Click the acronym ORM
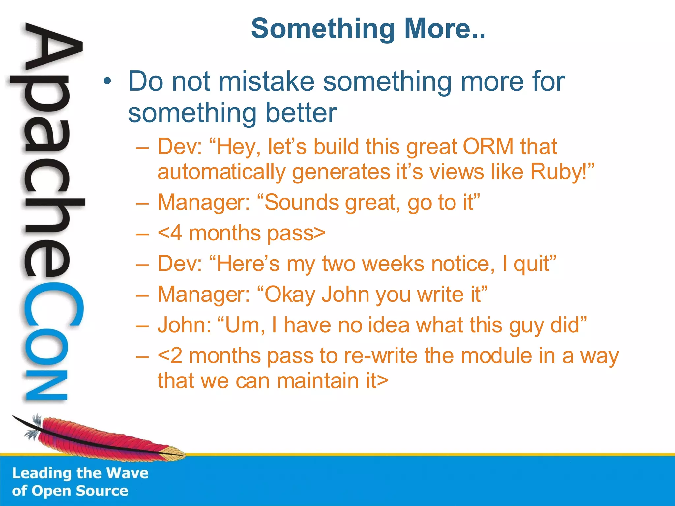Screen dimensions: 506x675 488,146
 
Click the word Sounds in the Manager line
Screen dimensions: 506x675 301,202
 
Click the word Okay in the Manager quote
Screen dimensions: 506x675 290,295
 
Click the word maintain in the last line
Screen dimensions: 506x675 318,381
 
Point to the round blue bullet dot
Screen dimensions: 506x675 107,81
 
